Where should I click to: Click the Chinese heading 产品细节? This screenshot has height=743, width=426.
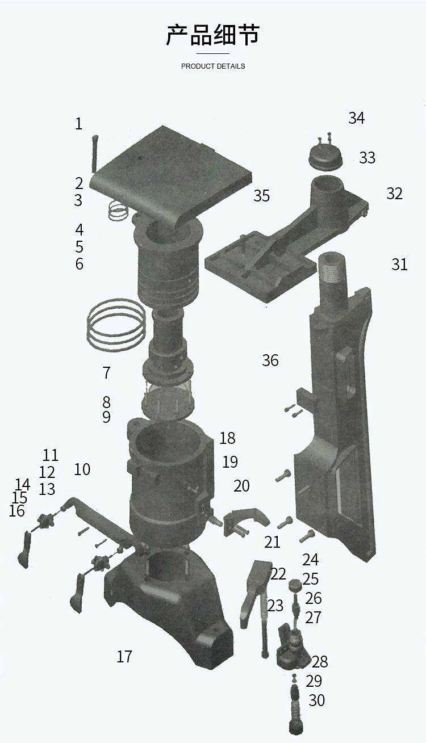tap(213, 35)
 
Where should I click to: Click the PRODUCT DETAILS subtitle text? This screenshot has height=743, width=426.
tap(213, 66)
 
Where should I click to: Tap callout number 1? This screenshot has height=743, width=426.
tap(78, 124)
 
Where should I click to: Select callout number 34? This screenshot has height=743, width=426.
tap(356, 118)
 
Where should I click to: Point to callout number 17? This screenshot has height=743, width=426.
tap(124, 656)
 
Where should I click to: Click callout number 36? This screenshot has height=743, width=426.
tap(270, 360)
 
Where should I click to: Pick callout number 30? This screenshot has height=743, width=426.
tap(316, 700)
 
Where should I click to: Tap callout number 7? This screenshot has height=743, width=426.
tap(106, 373)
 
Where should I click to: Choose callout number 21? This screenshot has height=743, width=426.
tap(272, 541)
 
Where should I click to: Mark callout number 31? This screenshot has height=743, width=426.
tap(399, 265)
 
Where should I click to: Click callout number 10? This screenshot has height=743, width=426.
tap(82, 469)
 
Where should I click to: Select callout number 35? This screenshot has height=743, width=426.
tap(262, 196)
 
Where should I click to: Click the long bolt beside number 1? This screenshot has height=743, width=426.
tap(94, 154)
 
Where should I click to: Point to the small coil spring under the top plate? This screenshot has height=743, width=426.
tap(119, 209)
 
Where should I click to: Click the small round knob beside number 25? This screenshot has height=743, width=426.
tap(294, 585)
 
